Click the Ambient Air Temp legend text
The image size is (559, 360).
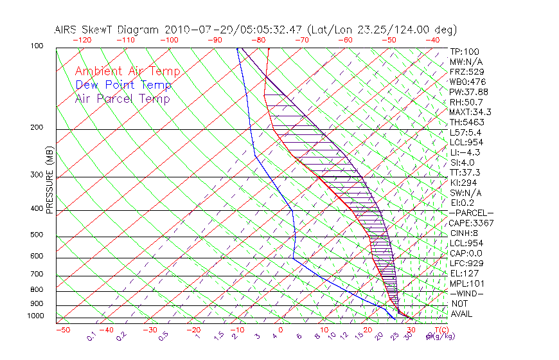(127, 71)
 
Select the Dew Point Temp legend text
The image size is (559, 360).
(123, 85)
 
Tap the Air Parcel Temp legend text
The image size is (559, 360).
(122, 98)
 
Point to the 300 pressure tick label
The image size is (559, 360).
(36, 175)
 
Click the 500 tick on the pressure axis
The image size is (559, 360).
(36, 235)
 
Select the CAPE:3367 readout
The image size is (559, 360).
(472, 223)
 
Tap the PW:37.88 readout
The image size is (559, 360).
(469, 92)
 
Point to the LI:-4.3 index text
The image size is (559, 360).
(465, 152)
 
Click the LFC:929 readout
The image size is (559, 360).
(466, 263)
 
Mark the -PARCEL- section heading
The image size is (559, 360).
(471, 213)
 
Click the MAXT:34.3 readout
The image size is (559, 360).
(471, 112)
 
